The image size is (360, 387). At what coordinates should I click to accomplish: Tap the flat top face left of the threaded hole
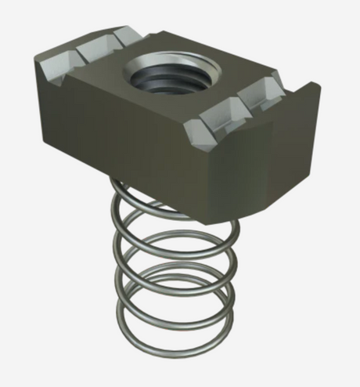[x=102, y=78]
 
